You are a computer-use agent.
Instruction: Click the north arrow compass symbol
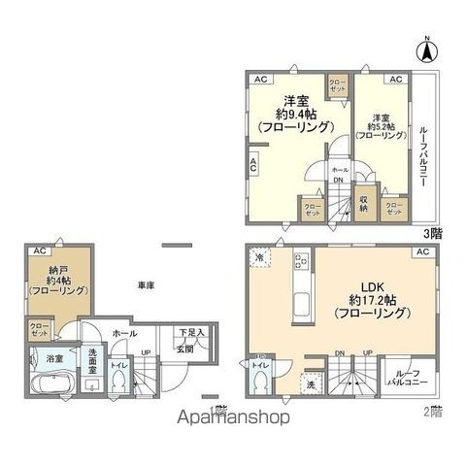coord(426,46)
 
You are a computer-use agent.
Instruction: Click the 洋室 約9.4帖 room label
coord(297,113)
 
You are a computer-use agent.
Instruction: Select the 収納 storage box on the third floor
coord(363,205)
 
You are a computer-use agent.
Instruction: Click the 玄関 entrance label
coord(183,348)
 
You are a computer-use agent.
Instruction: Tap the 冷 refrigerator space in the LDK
coord(261,256)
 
